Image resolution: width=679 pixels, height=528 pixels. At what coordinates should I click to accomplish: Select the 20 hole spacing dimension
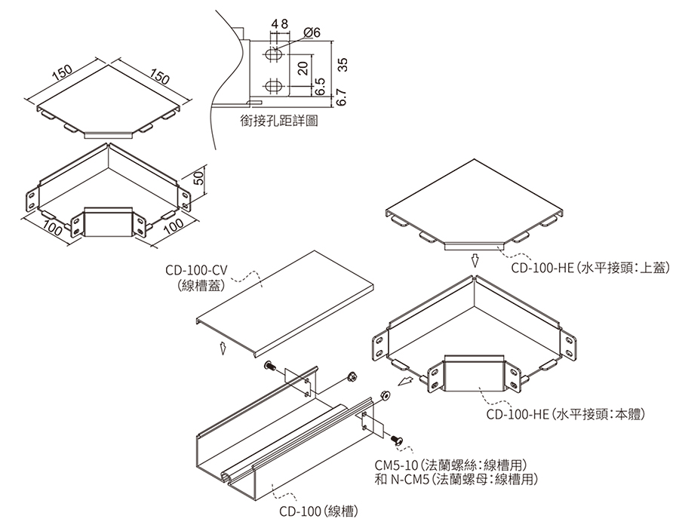pos(303,68)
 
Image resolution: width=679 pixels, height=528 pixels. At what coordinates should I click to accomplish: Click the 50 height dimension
pos(198,179)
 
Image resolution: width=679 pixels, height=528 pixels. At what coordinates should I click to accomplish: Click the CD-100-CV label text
pos(195,271)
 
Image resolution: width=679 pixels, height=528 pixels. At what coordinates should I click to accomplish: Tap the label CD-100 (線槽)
pos(316,511)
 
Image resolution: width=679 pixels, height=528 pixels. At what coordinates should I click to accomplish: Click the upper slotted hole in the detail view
pos(275,56)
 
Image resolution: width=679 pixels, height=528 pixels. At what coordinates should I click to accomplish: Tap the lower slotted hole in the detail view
pos(275,85)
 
